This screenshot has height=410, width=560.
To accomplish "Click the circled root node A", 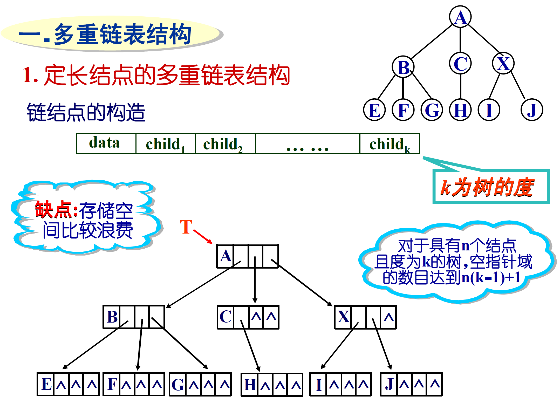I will click(460, 17).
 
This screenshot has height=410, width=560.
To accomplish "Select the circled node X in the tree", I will click(503, 63).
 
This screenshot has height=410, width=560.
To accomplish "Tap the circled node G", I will click(432, 110).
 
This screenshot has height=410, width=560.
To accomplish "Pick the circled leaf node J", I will click(531, 110).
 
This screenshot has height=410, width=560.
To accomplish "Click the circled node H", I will click(460, 110).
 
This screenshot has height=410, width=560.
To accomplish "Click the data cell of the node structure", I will click(106, 143).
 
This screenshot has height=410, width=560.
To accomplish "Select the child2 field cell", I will click(225, 143).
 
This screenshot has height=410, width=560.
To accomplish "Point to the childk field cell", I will click(389, 143).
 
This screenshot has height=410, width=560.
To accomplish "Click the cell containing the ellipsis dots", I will click(307, 143).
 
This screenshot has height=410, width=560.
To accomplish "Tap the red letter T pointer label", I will click(186, 227).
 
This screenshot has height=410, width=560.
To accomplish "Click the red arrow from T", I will click(203, 236).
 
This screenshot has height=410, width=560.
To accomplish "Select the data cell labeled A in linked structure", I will click(225, 256).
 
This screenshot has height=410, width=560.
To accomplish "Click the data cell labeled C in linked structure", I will click(225, 317).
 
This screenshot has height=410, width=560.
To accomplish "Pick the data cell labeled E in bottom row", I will click(46, 384).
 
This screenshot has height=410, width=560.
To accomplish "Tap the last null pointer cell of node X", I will click(388, 317).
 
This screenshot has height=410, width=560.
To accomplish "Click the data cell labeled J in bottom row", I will click(388, 384).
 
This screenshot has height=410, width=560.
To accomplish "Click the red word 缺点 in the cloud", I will click(53, 209).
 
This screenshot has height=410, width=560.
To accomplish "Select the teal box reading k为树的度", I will click(490, 187).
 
